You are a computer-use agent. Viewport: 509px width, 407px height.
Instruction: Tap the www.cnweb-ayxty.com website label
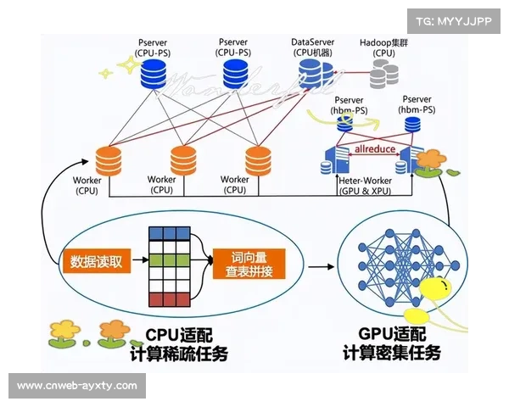coord(77,386)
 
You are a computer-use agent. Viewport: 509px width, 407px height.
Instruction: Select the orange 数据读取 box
coord(95,260)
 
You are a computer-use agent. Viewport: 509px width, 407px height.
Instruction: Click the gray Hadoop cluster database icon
coord(383,76)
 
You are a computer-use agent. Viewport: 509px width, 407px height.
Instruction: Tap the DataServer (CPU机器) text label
coord(313,47)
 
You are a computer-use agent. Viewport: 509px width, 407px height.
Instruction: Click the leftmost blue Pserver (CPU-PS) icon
coord(157,75)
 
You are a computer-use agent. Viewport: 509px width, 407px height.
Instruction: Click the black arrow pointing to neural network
coord(319,266)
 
